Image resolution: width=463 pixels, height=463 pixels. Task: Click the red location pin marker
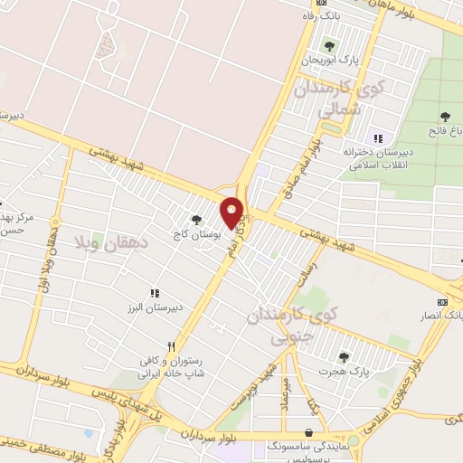click(232, 213)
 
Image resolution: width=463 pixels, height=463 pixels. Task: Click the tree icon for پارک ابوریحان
click(328, 46)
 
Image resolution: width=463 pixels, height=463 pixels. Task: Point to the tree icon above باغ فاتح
click(445, 116)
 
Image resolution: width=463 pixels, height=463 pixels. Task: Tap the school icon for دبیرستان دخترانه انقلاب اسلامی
click(378, 138)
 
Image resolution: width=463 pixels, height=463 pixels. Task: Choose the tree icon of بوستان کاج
click(196, 219)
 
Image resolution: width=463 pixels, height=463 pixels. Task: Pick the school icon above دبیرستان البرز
click(154, 293)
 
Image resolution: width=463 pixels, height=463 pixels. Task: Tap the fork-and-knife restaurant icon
click(171, 346)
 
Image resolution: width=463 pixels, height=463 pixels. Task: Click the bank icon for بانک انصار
click(442, 301)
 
